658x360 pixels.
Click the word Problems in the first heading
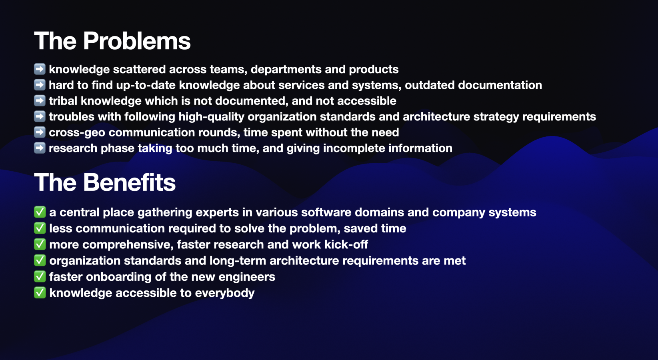pos(137,41)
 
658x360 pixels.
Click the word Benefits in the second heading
pos(130,182)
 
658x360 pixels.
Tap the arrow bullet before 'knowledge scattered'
pos(40,69)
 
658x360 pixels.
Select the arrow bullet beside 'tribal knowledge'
pos(40,101)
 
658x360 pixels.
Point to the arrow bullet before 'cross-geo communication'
pos(40,132)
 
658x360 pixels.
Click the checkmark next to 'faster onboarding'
pos(40,277)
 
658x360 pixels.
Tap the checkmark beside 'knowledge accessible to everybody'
pos(40,293)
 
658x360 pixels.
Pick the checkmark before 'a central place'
pos(40,212)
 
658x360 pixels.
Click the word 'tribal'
pos(63,101)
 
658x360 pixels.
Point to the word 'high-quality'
pos(212,117)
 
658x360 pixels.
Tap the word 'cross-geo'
pos(77,133)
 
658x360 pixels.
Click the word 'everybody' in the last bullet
pos(225,293)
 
